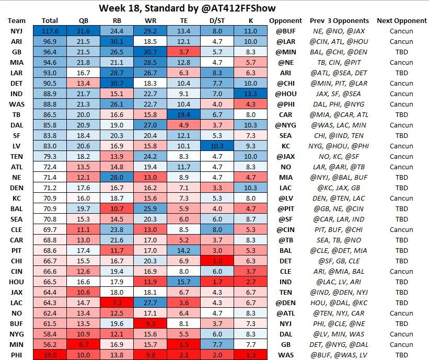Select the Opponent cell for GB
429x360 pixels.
[x=286, y=51]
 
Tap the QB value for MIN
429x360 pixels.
[x=87, y=344]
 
